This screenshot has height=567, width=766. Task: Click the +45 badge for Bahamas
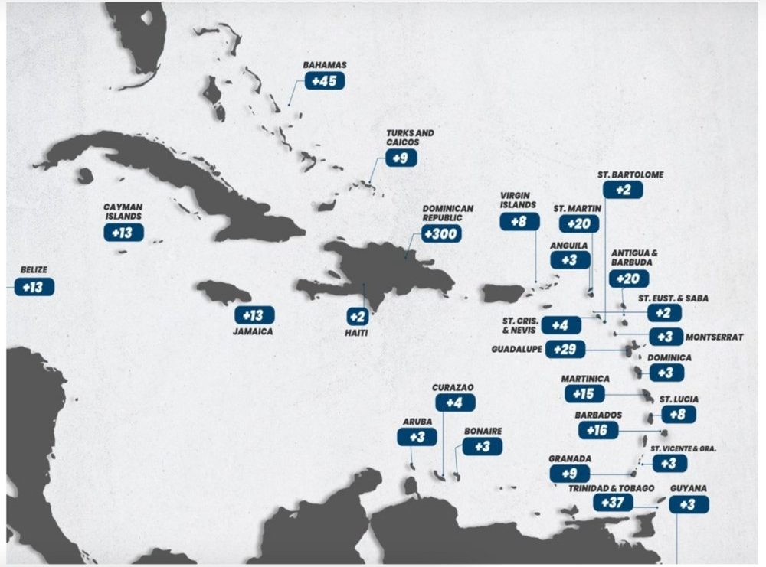pyautogui.click(x=325, y=80)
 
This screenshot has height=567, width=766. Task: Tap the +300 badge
pyautogui.click(x=442, y=233)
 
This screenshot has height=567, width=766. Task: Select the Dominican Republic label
pyautogui.click(x=448, y=213)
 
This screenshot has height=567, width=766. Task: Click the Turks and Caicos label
pyautogui.click(x=410, y=138)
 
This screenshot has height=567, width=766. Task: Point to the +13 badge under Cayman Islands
pyautogui.click(x=123, y=232)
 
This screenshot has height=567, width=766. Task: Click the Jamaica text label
pyautogui.click(x=253, y=332)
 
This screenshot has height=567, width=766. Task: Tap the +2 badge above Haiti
pyautogui.click(x=357, y=316)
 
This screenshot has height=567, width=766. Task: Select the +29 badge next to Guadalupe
pyautogui.click(x=568, y=350)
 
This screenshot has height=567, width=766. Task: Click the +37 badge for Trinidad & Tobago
pyautogui.click(x=613, y=502)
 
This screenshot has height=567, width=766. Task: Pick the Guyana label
pyautogui.click(x=688, y=488)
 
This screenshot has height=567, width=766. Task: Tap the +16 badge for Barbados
pyautogui.click(x=598, y=430)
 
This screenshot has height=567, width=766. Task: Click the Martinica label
pyautogui.click(x=585, y=379)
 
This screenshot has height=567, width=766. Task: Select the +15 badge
pyautogui.click(x=584, y=393)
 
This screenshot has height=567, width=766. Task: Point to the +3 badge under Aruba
pyautogui.click(x=417, y=437)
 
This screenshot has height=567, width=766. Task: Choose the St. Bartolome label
pyautogui.click(x=630, y=174)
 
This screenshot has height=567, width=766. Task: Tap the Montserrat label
pyautogui.click(x=714, y=337)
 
